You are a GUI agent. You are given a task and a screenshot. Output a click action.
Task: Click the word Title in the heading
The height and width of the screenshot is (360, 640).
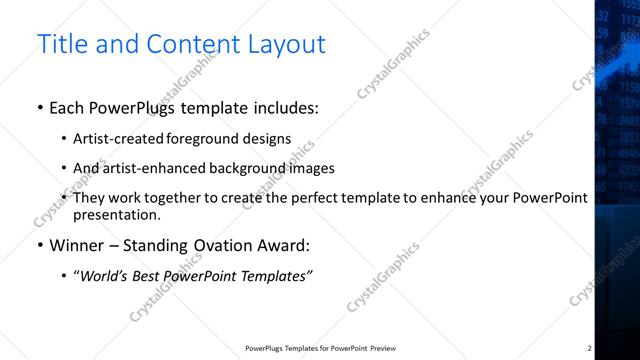click(x=60, y=45)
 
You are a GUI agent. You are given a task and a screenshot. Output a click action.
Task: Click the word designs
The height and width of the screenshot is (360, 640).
click(x=269, y=139)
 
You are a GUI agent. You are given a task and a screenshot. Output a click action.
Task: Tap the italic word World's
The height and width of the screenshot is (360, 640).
click(x=104, y=275)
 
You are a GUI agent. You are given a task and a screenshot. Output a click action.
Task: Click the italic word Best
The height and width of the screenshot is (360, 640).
click(x=149, y=275)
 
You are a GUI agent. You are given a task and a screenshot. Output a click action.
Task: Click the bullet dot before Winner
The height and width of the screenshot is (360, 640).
click(x=39, y=245)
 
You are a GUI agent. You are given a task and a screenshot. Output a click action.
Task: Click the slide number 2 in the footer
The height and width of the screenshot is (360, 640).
click(x=590, y=348)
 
